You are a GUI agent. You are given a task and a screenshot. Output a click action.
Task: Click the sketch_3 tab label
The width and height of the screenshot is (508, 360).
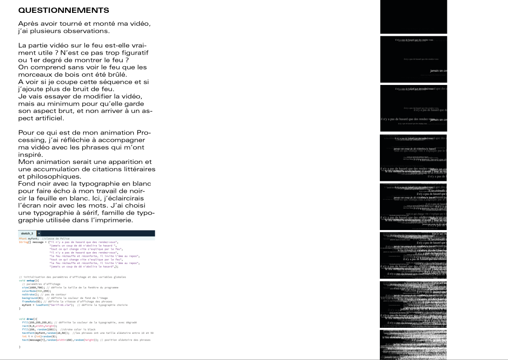pyautogui.click(x=27, y=233)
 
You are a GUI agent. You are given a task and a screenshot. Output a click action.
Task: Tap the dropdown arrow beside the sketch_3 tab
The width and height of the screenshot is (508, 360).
pyautogui.click(x=39, y=233)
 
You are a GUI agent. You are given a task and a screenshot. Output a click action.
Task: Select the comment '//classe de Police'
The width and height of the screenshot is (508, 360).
pyautogui.click(x=55, y=238)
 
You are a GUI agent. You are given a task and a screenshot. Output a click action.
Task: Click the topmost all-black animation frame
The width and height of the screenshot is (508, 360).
pyautogui.click(x=413, y=17)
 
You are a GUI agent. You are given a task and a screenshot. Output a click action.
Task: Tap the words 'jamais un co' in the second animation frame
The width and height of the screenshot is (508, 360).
pyautogui.click(x=438, y=71)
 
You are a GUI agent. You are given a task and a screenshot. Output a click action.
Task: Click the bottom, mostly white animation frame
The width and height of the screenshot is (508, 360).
pyautogui.click(x=413, y=344)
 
